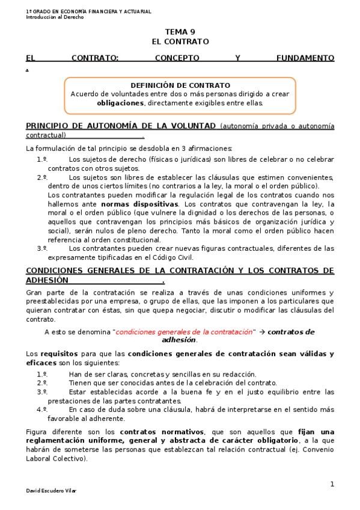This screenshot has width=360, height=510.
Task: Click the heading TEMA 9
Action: [x=180, y=32]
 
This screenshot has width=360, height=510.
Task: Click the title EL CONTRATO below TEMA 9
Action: [x=180, y=41]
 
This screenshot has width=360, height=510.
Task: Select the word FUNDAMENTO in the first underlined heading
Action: [x=305, y=58]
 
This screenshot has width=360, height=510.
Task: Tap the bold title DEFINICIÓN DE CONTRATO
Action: [x=180, y=85]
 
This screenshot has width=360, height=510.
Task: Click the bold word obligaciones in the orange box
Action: [x=120, y=103]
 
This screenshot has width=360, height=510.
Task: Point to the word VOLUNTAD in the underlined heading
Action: [x=191, y=126]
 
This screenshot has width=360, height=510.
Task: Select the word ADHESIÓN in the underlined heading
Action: [x=47, y=280]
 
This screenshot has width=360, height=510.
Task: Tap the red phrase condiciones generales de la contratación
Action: [x=184, y=331]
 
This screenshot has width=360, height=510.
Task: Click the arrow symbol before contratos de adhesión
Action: [x=261, y=331]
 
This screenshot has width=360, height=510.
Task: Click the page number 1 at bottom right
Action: [x=332, y=484]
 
